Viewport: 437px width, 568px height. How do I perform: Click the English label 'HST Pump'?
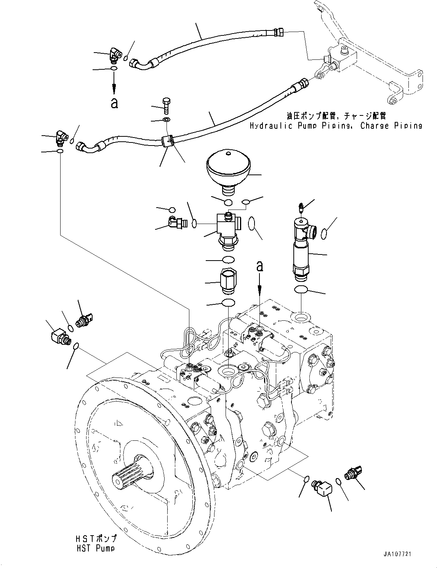(95, 548)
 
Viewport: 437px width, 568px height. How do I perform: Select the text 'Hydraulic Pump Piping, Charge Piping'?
(336, 126)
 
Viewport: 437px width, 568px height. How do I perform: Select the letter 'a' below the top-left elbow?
(114, 103)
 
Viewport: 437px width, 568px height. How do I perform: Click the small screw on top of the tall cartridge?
(301, 208)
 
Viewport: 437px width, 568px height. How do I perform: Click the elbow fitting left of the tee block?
(175, 221)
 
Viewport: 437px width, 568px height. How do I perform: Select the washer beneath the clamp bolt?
(166, 120)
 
